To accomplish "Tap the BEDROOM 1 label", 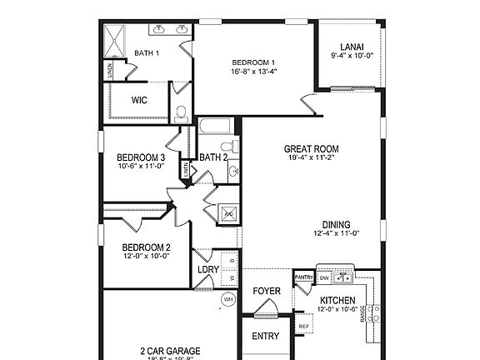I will (x=253, y=62).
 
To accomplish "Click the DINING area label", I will (x=337, y=224).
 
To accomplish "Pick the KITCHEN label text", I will (x=337, y=300).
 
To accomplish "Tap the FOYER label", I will (x=267, y=291).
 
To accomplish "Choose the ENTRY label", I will (x=266, y=337).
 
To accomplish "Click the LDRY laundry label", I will (x=208, y=270).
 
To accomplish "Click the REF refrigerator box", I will (x=304, y=326).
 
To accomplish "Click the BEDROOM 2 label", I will (x=146, y=247).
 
